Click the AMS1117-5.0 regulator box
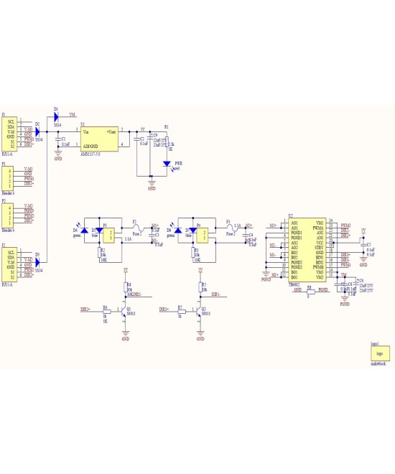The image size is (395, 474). point(100,138)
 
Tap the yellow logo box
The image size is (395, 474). point(379,354)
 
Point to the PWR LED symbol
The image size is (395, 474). point(167,164)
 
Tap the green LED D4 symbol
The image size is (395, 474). point(84,231)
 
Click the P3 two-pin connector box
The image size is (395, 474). point(108,233)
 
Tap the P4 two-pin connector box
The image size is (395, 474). point(203,233)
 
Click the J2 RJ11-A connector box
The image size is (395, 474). point(11,265)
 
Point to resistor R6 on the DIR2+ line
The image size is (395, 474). point(106,310)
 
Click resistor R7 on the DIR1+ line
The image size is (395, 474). point(181,310)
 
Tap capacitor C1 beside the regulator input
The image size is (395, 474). point(58,140)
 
